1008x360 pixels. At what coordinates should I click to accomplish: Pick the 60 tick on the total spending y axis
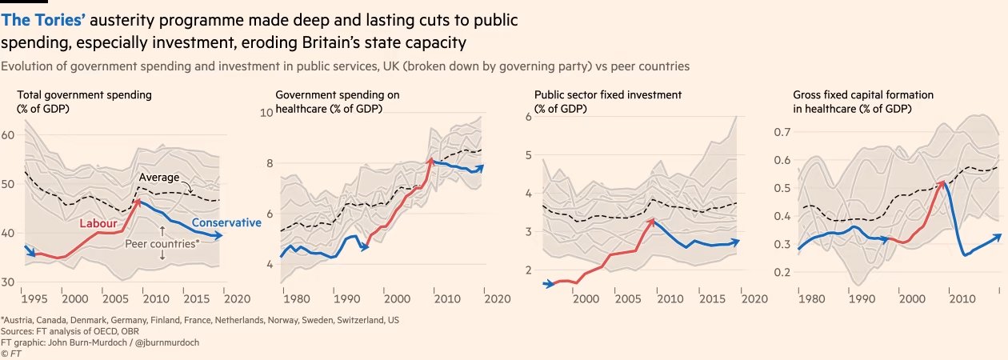(x=9, y=135)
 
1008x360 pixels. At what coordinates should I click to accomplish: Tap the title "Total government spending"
(x=84, y=94)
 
